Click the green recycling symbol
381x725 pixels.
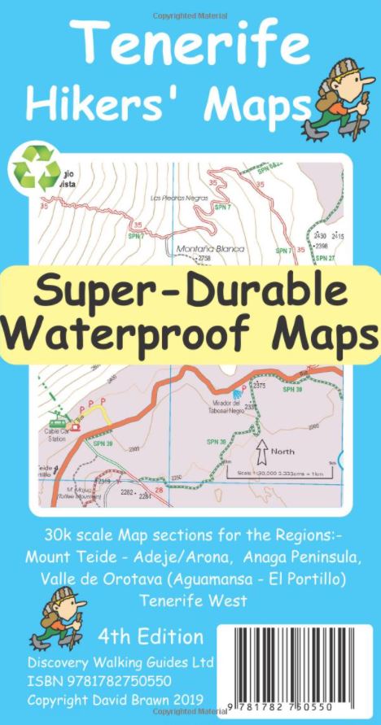pyautogui.click(x=34, y=168)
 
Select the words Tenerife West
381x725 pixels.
pyautogui.click(x=190, y=601)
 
